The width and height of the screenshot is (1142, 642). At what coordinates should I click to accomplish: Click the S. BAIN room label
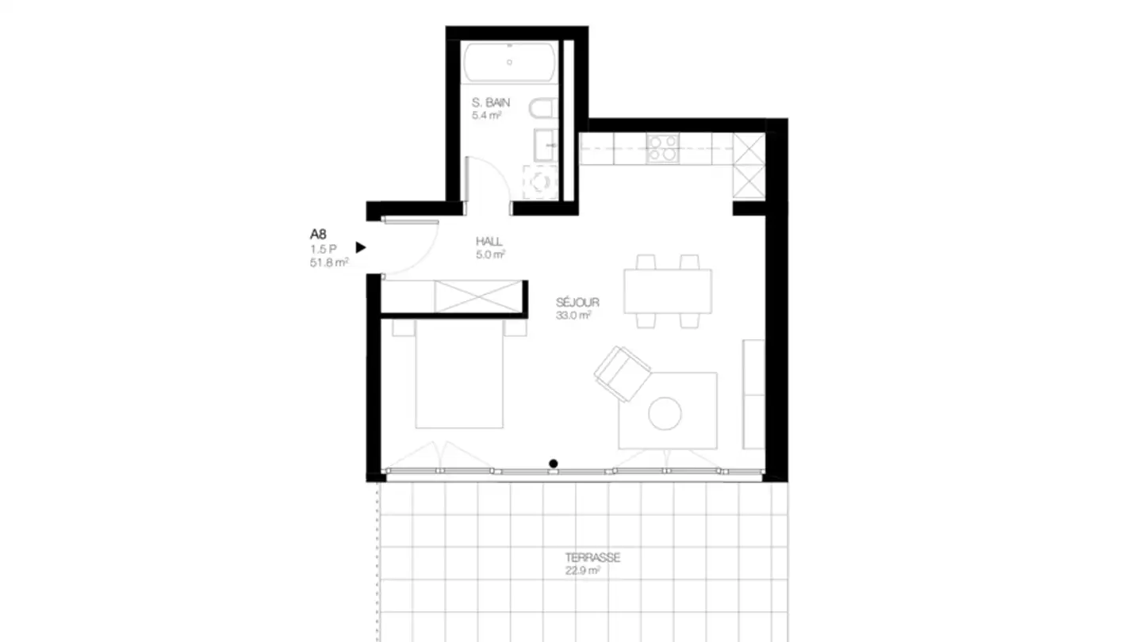[490, 102]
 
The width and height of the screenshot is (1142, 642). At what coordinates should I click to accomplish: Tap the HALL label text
[489, 241]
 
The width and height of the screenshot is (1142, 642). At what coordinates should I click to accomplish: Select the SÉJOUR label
[577, 302]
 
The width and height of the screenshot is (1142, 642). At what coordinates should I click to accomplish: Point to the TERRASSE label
[592, 558]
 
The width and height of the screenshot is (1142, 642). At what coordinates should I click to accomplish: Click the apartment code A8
[318, 235]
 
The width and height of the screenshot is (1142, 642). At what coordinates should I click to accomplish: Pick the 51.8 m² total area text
[329, 262]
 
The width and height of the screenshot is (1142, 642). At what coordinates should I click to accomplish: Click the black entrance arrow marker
[361, 247]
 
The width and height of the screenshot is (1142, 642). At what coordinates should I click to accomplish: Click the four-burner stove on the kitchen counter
[662, 148]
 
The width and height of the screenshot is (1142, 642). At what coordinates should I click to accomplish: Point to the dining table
[667, 291]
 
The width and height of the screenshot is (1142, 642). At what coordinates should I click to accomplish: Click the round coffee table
[665, 413]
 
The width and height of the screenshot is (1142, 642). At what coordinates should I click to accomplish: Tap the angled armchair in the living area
[622, 373]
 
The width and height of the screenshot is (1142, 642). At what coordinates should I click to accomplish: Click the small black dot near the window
[554, 464]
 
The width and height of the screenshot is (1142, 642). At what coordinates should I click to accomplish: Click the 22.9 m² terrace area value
[582, 571]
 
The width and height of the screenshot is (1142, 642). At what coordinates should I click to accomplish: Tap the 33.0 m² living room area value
[574, 315]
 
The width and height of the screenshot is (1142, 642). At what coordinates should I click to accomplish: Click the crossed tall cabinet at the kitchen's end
[748, 166]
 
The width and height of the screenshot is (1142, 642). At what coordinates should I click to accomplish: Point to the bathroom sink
[546, 146]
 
